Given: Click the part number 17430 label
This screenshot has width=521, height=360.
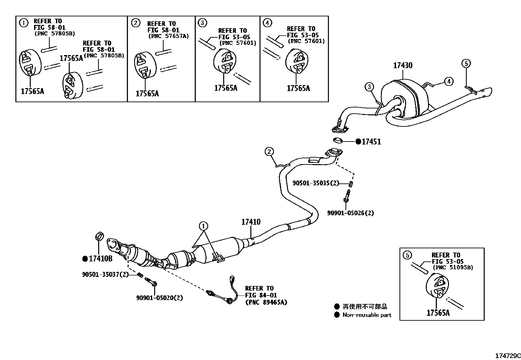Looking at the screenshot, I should pos(403,65).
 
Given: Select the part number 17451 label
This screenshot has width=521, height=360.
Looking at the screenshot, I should pos(371,142).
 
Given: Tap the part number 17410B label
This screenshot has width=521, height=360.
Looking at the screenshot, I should pos(100,259).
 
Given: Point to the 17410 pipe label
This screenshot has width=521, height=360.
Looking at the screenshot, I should pos(251,222).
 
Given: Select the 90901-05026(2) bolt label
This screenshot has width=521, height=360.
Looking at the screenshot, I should pos(350,213).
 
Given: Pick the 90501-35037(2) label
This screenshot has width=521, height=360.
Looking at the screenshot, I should pos(105,274).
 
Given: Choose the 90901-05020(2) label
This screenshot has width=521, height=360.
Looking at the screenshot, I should pos(159,298).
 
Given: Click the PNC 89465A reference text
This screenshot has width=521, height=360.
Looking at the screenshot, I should pos(266,302).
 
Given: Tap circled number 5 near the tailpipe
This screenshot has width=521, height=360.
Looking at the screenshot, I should pos(466,63).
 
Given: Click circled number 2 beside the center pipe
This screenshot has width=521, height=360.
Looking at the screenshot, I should pos(269,151).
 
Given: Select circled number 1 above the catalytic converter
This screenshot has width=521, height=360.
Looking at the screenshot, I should pos(204,226).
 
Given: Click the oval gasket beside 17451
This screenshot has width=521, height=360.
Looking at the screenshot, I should pos(337,141).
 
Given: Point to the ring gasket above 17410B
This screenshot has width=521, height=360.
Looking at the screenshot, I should pos(99,236).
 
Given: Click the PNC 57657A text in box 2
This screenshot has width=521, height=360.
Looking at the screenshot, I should pos(169,36).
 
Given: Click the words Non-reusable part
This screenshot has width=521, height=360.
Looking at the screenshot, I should pos(367,315).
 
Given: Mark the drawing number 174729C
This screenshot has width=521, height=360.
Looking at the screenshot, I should pos(507,356).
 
